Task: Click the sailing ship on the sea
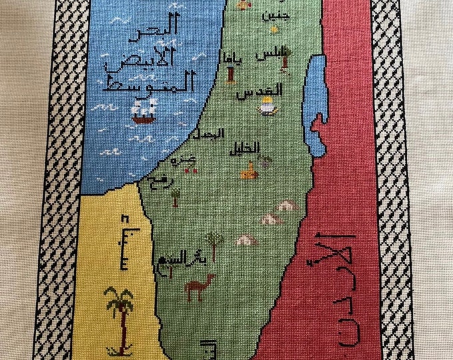tap(145, 110)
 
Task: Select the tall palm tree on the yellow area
tap(119, 317)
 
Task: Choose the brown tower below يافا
tap(230, 73)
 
